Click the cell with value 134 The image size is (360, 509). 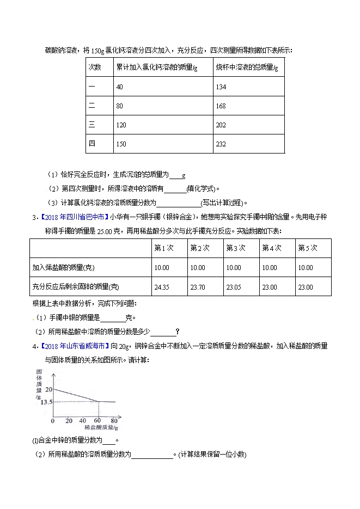221,87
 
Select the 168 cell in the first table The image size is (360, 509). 221,106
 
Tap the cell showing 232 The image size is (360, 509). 221,144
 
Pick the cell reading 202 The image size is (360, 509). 221,125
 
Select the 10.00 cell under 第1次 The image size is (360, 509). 162,267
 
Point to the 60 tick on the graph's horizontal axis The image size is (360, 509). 98,421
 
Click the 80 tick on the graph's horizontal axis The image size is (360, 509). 114,421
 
